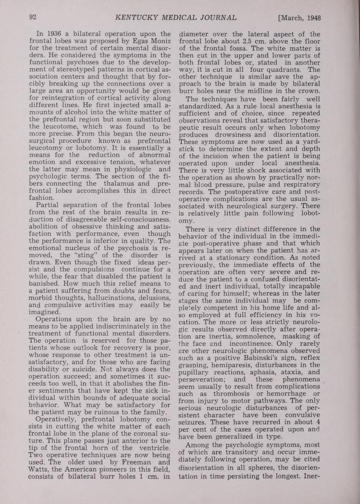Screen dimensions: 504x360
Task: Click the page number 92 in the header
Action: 33,18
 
